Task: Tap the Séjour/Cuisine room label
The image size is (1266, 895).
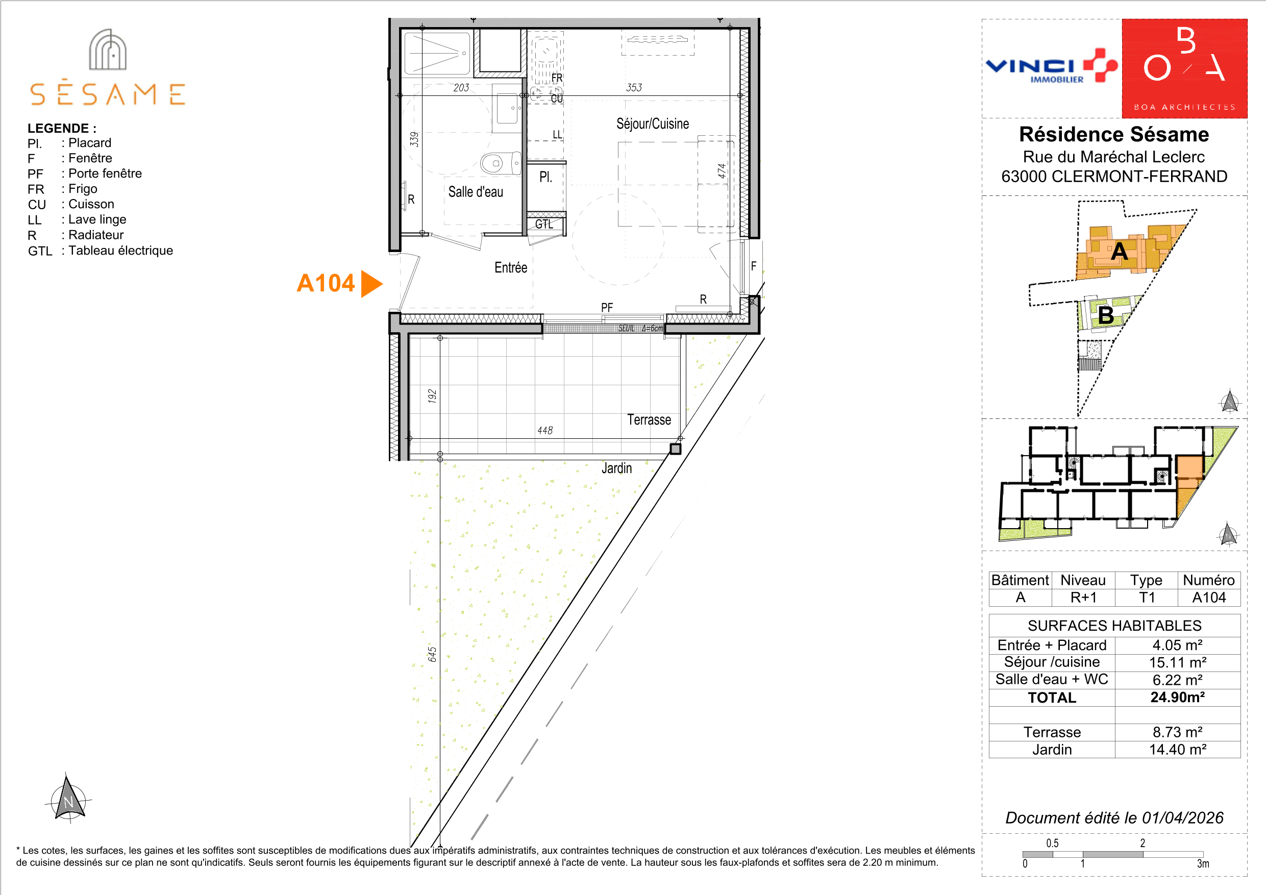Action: coord(652,123)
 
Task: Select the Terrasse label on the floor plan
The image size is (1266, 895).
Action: coord(649,419)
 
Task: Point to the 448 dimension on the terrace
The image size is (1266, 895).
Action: coord(545,430)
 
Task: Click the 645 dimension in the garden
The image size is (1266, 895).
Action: coord(432,655)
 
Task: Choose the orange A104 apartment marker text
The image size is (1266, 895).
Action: coord(326,283)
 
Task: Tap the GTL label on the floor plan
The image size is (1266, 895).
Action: coord(543,224)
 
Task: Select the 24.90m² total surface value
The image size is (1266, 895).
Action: coord(1177,697)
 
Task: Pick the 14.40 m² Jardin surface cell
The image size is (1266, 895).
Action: coord(1177,750)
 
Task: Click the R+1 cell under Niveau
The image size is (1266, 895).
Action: coord(1083,597)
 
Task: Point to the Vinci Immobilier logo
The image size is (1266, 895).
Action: coord(1051,66)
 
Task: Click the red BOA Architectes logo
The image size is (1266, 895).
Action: coord(1184,68)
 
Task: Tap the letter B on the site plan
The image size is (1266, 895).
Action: coord(1106,315)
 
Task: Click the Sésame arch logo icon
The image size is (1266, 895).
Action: coord(108,49)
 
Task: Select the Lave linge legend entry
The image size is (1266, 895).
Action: coord(77,219)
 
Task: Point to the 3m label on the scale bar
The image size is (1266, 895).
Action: coord(1203,863)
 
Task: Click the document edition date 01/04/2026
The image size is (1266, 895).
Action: coord(1183,817)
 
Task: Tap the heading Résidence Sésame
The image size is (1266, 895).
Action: coord(1114,134)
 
